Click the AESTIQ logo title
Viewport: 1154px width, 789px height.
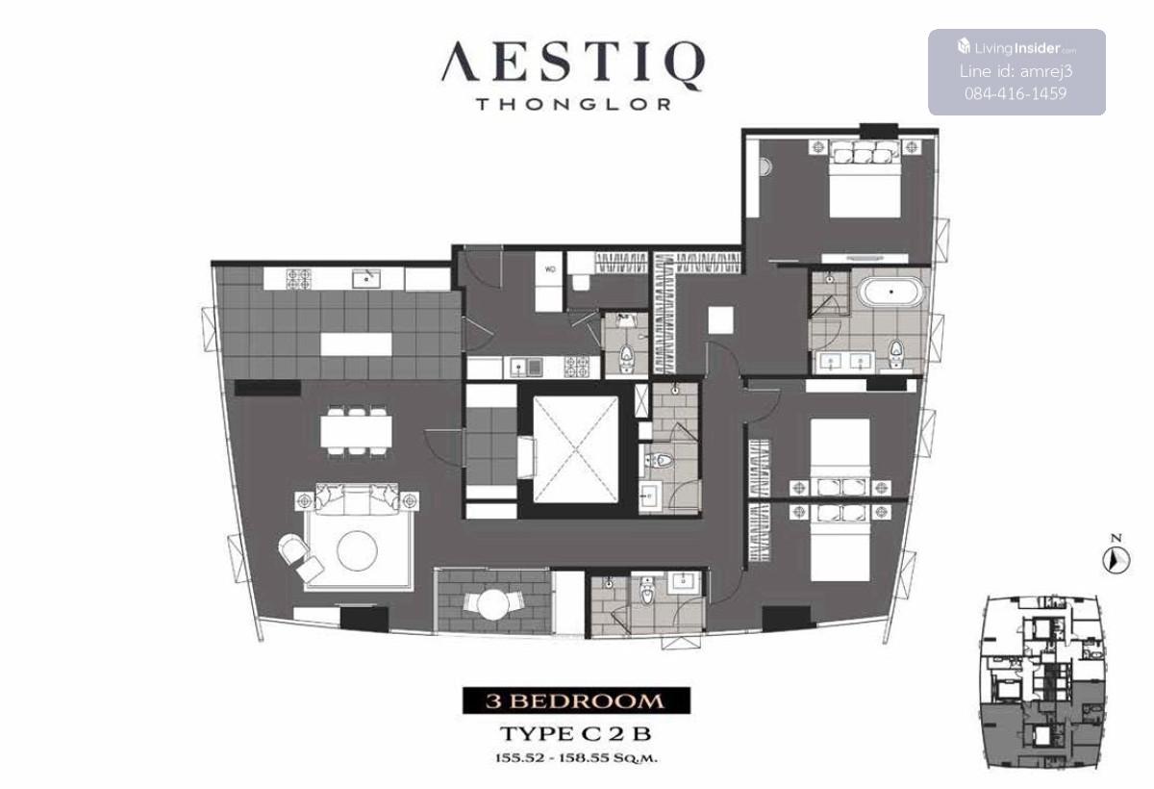(573, 64)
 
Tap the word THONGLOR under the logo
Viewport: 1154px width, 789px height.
(573, 105)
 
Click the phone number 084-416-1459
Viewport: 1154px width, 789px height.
(1016, 93)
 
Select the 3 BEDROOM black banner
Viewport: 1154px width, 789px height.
(576, 700)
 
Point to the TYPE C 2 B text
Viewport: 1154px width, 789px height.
(576, 734)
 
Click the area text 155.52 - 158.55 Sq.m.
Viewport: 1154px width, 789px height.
(576, 758)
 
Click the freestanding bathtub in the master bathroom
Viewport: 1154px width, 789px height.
(891, 293)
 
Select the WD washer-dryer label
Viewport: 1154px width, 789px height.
(550, 269)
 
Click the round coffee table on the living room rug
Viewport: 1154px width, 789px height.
(357, 550)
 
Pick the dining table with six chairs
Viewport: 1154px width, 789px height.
(356, 431)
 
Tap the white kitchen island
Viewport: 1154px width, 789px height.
(356, 344)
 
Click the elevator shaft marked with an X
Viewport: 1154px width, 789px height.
(575, 449)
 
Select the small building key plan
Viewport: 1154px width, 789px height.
(1041, 684)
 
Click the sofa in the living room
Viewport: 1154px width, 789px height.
(357, 498)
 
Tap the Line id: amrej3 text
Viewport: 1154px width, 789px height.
(1016, 71)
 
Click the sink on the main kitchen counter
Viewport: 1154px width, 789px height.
(366, 279)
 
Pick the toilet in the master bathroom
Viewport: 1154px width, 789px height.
(896, 352)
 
